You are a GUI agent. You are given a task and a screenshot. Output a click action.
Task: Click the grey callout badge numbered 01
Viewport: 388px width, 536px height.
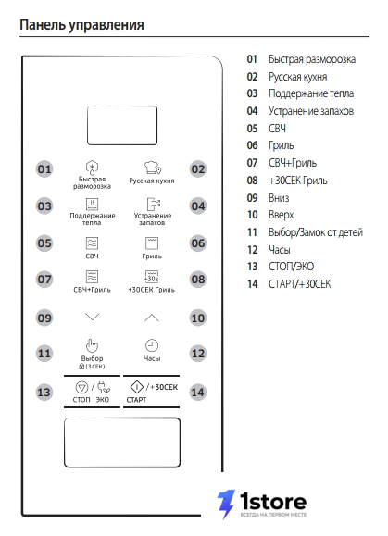[x=44, y=169]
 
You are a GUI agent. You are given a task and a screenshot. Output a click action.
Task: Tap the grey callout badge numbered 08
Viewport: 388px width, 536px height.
[x=198, y=280]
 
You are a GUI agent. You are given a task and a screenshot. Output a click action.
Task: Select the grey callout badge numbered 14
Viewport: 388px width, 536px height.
[x=198, y=393]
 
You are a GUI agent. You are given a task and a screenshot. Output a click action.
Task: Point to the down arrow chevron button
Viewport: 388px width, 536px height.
[x=93, y=317]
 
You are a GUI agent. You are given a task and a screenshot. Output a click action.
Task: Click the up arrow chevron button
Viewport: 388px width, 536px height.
[x=152, y=318]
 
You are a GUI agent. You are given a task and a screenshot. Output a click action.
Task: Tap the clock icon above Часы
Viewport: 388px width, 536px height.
[x=152, y=345]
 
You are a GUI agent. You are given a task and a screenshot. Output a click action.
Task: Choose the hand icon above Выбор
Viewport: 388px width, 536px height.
[x=92, y=345]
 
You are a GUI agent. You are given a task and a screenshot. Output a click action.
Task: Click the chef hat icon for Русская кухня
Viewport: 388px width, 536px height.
[x=152, y=168]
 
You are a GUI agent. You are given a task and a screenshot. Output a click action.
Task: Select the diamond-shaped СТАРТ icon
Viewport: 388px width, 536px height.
[x=137, y=387]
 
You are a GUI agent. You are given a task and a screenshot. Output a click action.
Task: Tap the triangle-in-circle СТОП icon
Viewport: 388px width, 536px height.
[x=81, y=388]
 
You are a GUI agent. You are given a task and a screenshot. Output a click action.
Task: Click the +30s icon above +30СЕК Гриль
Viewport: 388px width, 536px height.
[x=152, y=277]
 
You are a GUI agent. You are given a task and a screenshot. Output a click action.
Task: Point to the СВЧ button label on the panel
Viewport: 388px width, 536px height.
[x=92, y=256]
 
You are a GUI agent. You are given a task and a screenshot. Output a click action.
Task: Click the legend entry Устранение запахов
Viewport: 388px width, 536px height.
[x=311, y=111]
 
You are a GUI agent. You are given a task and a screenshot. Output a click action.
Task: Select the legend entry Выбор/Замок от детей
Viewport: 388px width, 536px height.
[x=316, y=232]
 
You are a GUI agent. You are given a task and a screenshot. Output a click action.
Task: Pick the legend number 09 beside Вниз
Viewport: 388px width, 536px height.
[x=252, y=197]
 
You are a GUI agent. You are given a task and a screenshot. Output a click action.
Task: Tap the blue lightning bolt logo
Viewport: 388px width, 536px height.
[x=226, y=504]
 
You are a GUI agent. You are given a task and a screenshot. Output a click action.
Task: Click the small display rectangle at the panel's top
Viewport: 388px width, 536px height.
[x=122, y=125]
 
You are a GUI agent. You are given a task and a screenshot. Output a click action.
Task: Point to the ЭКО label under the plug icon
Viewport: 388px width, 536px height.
[x=102, y=400]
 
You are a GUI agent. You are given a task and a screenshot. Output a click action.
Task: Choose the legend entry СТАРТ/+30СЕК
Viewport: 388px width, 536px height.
[x=299, y=284]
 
